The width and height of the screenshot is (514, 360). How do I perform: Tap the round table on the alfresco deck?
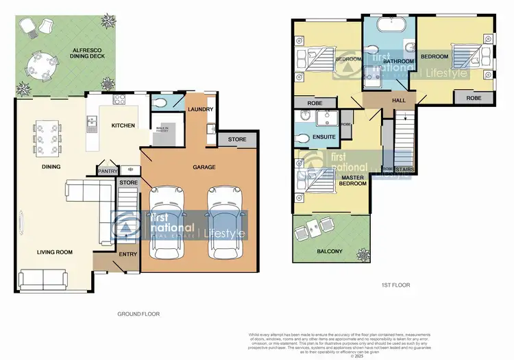pos(38,67)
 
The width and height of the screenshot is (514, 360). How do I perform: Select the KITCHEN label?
pos(123,125)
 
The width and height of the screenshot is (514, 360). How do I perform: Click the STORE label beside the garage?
pos(237,140)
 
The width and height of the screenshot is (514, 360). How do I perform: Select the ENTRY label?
pos(128,254)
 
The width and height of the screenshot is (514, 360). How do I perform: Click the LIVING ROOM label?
pos(55,252)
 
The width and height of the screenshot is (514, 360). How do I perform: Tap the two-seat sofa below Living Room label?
pos(43,278)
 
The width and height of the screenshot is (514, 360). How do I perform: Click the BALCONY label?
pos(330,252)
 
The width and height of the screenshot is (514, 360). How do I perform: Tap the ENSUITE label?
pos(323,136)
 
